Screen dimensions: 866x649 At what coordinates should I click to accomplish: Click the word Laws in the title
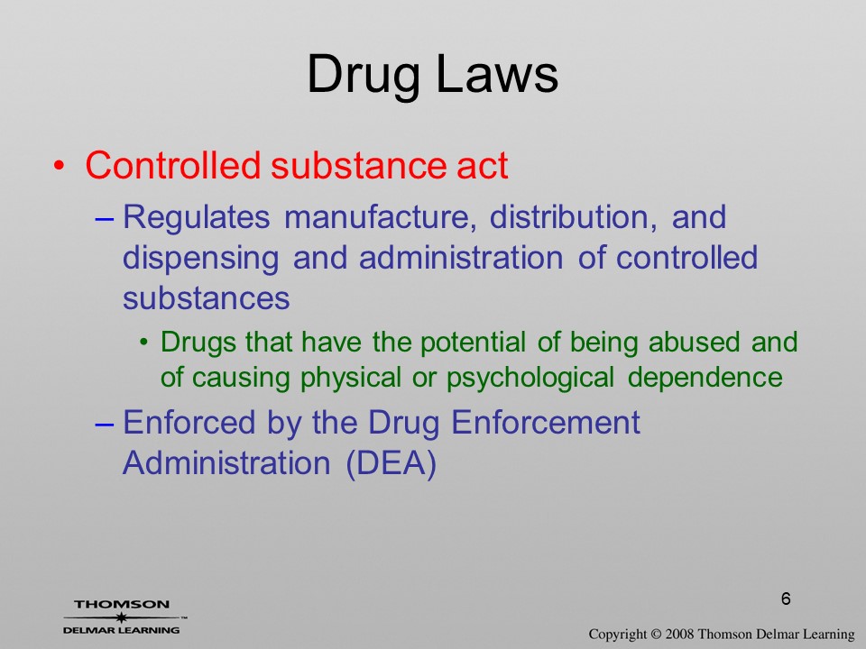[x=497, y=75]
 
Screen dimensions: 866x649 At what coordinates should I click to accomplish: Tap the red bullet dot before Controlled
[x=60, y=166]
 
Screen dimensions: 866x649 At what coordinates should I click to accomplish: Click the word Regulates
[x=196, y=218]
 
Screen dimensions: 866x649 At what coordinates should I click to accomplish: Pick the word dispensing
[x=200, y=259]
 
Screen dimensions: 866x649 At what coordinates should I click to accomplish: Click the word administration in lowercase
[x=461, y=258]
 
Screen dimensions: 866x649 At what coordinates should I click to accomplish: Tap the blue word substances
[x=206, y=298]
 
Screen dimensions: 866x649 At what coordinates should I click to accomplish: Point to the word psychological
[x=530, y=379]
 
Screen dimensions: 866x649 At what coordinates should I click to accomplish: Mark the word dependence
[x=705, y=378]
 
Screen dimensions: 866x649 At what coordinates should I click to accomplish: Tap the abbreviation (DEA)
[x=391, y=463]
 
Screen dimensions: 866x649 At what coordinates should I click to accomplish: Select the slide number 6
[x=786, y=599]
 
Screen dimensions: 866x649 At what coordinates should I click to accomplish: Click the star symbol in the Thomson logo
[x=121, y=617]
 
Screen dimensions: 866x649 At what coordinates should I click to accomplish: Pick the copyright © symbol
[x=656, y=634]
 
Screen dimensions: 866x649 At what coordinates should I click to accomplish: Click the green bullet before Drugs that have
[x=144, y=343]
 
